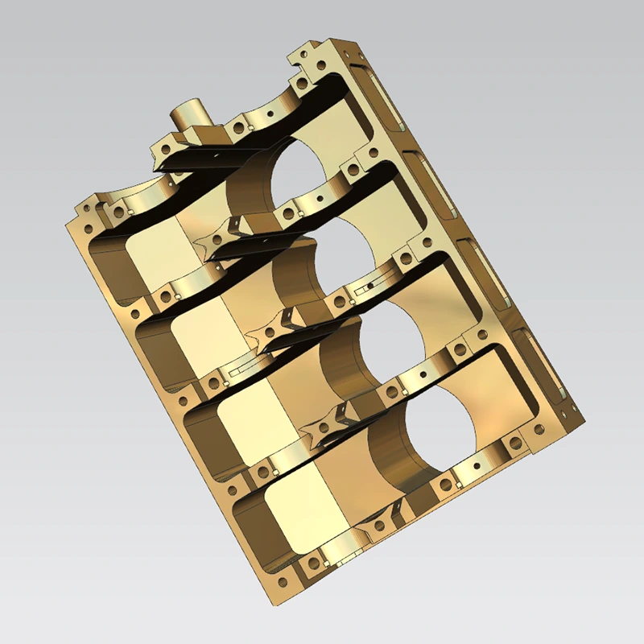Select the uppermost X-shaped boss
click(222, 233)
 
